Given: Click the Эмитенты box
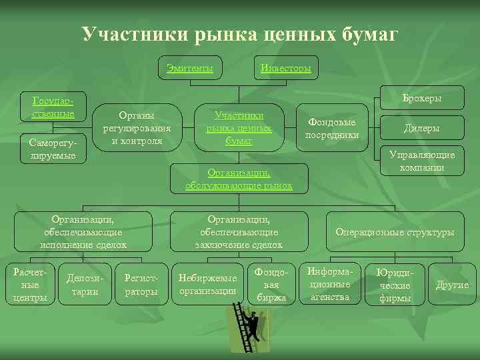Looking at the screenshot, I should (x=190, y=68).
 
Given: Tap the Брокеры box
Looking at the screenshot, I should (x=422, y=98).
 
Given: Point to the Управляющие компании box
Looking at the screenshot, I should (x=422, y=161).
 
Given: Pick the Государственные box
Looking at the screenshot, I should (x=53, y=107).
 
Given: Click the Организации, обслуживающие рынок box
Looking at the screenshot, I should (x=239, y=177).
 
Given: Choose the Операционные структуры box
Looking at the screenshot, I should (x=395, y=232).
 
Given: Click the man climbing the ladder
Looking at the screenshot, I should (x=250, y=327).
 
